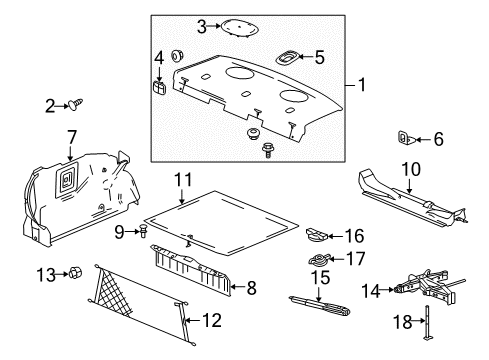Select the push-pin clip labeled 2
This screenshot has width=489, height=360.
point(74,131)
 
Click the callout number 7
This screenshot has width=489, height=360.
point(71,135)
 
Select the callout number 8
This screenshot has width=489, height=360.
point(250,288)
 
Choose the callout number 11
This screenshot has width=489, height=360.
point(181,181)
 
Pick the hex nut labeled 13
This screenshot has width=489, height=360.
point(73,272)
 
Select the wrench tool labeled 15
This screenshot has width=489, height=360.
point(319,300)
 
